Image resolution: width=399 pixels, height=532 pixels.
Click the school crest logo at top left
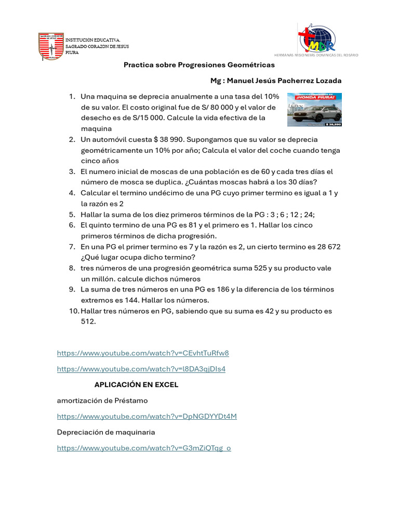coord(50,46)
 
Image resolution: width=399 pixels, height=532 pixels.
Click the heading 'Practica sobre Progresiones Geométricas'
coord(199,65)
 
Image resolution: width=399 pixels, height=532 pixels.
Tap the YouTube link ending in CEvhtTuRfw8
coord(143,353)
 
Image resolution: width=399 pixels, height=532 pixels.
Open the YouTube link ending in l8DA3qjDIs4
coord(141,369)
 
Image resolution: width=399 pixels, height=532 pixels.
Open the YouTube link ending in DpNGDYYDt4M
coord(147,417)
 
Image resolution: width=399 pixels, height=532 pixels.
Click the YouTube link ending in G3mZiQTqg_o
coord(144,448)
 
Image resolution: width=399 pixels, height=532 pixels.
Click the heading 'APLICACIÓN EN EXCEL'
coord(136,385)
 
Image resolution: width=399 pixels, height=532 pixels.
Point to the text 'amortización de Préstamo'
coord(102,401)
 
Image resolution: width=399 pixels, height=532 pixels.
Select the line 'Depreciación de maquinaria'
coord(106,432)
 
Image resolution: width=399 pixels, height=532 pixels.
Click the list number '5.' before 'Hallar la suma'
coord(72,215)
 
